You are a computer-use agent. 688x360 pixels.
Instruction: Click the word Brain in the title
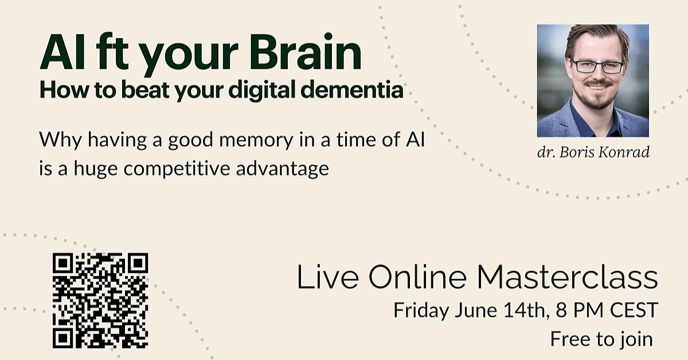(305, 52)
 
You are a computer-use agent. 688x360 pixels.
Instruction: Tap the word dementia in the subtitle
(351, 89)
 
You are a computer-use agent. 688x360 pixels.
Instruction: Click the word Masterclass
(567, 277)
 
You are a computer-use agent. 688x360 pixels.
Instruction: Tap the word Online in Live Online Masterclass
(417, 277)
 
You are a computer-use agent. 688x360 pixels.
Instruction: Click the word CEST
(634, 310)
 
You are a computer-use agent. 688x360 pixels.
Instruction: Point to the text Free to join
(601, 340)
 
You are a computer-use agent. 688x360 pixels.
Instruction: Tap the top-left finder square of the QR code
(63, 263)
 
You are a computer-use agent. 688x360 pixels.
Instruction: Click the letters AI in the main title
(62, 52)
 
